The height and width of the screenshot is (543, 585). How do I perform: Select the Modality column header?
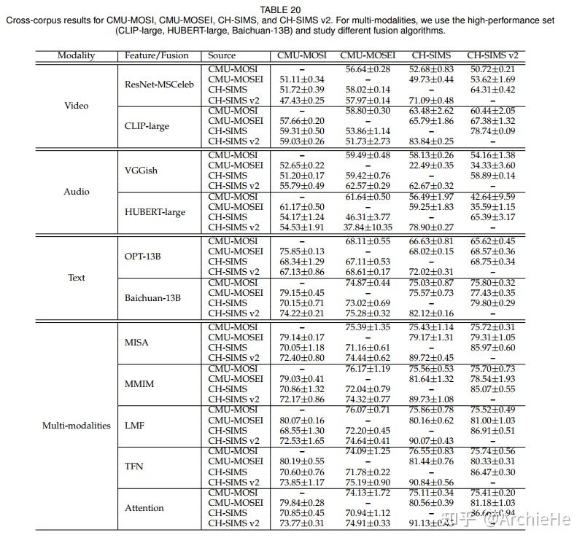pos(77,55)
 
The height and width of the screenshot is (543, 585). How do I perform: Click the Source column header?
pos(222,55)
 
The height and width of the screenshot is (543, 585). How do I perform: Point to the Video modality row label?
pos(77,106)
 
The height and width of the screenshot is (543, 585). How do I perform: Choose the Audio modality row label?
pos(77,192)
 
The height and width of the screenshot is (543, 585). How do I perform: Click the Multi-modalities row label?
pos(77,426)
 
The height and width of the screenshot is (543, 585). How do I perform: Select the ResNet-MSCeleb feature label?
pos(160,85)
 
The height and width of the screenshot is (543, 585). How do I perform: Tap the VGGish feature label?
pos(141,171)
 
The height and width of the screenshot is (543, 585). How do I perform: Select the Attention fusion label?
pos(144,508)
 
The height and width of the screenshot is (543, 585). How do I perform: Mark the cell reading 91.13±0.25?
pos(432,523)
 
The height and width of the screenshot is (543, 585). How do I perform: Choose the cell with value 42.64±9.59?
pos(492,197)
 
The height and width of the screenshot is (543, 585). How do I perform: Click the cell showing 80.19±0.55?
pos(302,461)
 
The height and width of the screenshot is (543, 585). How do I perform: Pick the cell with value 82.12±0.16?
pos(432,313)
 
